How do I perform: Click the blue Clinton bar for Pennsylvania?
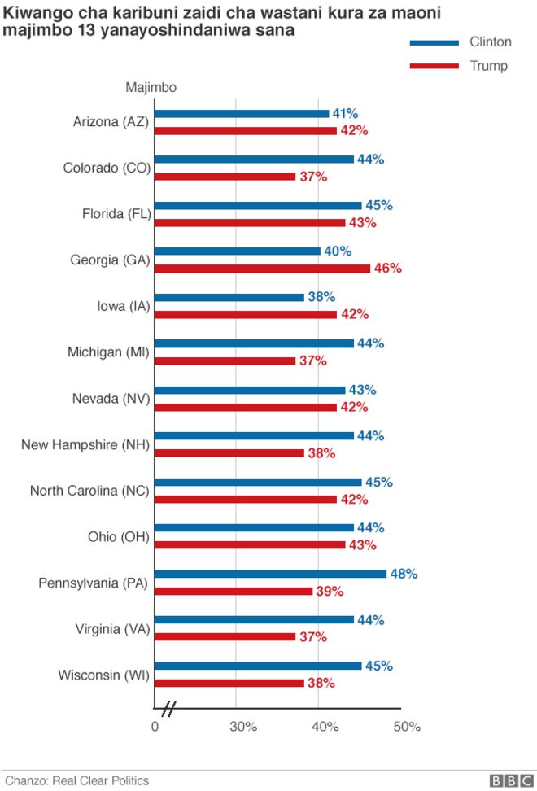click(x=270, y=574)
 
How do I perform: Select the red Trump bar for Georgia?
click(x=262, y=268)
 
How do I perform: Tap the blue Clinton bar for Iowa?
click(x=229, y=297)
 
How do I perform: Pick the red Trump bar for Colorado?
click(x=225, y=176)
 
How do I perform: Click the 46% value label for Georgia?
click(x=387, y=268)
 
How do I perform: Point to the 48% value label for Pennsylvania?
click(x=404, y=574)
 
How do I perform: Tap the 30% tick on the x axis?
click(x=243, y=727)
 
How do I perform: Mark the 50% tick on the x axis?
click(x=407, y=727)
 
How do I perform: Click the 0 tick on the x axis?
click(x=155, y=727)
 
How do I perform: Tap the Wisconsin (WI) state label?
click(x=103, y=675)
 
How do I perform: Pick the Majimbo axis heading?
click(x=151, y=87)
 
